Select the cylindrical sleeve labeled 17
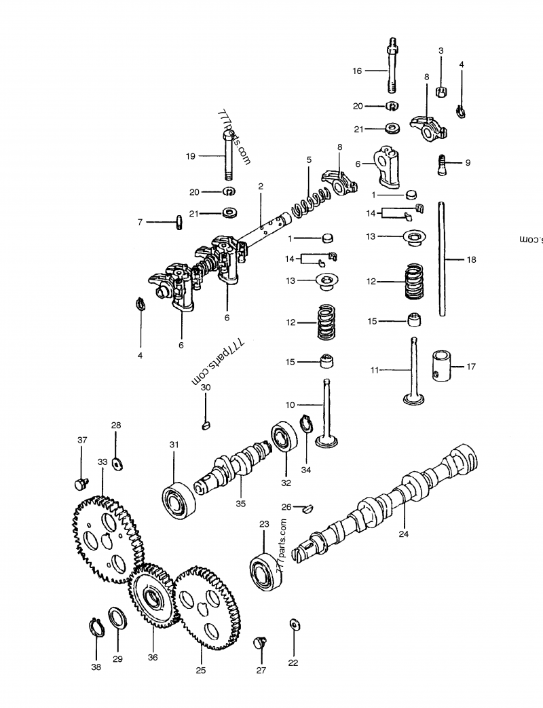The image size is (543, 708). (x=442, y=366)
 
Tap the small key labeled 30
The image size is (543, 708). (x=206, y=426)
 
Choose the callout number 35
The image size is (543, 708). (x=240, y=503)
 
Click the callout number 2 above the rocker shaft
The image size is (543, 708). (x=261, y=185)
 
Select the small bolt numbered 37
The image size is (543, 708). (x=79, y=483)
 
